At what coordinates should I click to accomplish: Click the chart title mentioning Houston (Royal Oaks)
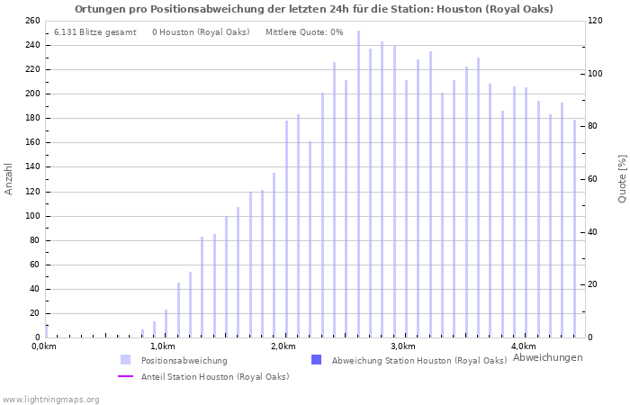314,9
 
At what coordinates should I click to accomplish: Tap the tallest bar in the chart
358,184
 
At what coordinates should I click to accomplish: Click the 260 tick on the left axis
32,21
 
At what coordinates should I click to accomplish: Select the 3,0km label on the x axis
402,346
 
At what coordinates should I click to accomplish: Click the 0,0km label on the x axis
44,346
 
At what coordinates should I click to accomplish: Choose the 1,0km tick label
163,346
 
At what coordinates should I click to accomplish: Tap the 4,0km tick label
522,346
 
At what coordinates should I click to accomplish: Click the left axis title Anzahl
9,178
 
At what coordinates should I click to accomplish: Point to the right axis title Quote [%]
622,178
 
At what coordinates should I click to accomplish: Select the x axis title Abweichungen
547,357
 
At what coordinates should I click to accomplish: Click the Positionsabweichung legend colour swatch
126,360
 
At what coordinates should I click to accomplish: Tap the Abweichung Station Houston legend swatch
316,360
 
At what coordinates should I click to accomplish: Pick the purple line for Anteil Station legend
126,376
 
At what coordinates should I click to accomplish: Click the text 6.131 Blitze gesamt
94,32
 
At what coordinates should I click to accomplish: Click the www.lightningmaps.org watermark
51,399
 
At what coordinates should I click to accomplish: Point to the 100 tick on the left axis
32,216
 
